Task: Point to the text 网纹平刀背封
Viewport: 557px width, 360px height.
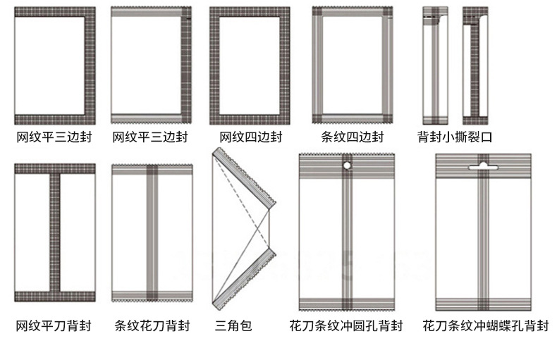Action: point(54,325)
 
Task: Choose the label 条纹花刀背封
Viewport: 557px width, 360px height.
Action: point(152,325)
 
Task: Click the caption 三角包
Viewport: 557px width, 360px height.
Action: point(233,325)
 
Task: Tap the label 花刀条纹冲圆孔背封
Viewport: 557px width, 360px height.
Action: point(345,325)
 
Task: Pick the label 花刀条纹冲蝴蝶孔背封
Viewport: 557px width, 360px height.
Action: point(485,325)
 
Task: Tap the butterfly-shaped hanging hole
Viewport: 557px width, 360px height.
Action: point(483,166)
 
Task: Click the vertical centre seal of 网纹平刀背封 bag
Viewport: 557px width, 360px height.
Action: point(54,232)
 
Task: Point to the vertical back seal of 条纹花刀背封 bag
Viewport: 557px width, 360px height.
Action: point(152,232)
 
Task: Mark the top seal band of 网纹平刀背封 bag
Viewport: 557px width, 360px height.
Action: point(54,168)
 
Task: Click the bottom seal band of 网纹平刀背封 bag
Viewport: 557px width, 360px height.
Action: point(54,295)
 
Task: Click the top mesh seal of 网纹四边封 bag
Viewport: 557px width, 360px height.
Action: point(250,11)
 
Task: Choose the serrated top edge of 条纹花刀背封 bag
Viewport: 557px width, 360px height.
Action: point(152,166)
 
